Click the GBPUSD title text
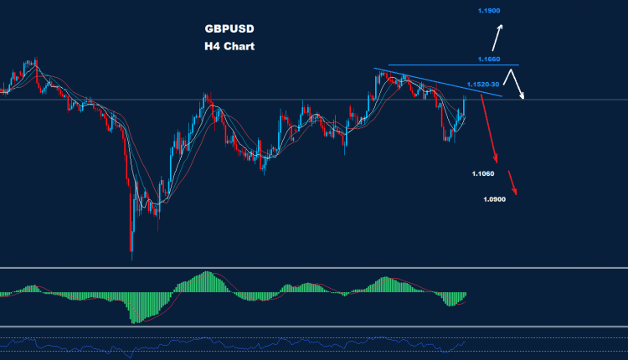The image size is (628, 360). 229,28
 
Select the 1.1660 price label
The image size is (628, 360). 489,59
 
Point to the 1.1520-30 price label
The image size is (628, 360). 484,85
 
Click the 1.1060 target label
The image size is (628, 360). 483,174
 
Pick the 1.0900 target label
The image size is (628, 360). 495,199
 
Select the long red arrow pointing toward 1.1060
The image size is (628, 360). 490,131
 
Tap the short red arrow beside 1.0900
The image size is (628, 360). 512,184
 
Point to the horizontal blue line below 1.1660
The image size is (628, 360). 452,65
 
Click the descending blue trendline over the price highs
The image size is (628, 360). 435,81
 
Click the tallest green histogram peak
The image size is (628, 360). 204,275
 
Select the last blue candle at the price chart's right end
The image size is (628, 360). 465,105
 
